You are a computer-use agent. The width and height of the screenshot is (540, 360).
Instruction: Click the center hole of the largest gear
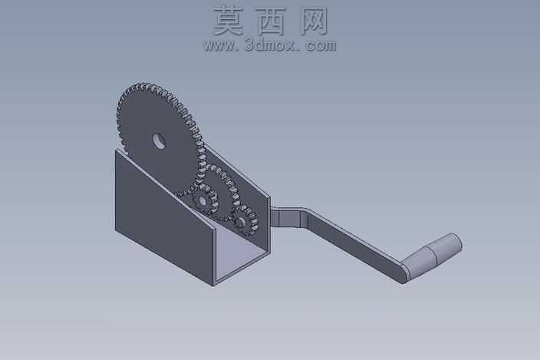[159, 141]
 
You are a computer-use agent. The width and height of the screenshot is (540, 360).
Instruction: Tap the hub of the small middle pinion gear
[202, 200]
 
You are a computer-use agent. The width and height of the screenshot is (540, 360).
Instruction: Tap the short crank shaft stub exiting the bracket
[285, 219]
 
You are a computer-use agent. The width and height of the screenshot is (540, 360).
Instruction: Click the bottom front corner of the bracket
[213, 286]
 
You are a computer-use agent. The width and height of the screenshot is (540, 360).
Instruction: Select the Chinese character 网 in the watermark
[314, 21]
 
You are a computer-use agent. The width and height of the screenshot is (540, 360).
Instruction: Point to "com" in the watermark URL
[321, 46]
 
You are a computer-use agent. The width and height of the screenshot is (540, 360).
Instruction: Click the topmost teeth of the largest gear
[145, 85]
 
